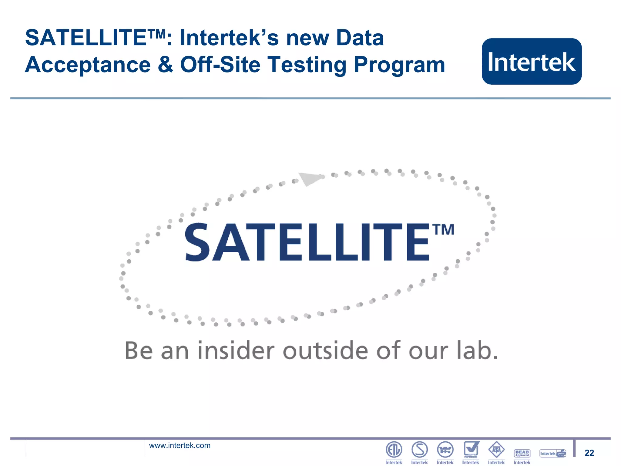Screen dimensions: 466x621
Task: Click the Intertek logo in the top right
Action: tap(532, 62)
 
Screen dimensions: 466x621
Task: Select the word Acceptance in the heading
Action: tap(88, 65)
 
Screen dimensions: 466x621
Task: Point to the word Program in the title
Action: tap(399, 66)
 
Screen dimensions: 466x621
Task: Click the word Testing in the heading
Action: tap(307, 65)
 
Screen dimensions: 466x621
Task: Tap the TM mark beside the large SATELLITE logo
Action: tap(443, 230)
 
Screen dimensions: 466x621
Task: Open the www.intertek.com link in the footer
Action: tap(180, 445)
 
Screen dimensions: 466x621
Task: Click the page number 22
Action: tap(589, 453)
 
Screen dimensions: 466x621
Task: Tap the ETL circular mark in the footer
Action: tap(394, 450)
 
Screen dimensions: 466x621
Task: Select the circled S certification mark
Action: tap(420, 450)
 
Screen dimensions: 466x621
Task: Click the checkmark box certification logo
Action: tap(471, 449)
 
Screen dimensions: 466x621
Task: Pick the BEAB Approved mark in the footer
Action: tap(522, 453)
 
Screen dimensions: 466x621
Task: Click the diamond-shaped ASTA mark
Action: tap(496, 450)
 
